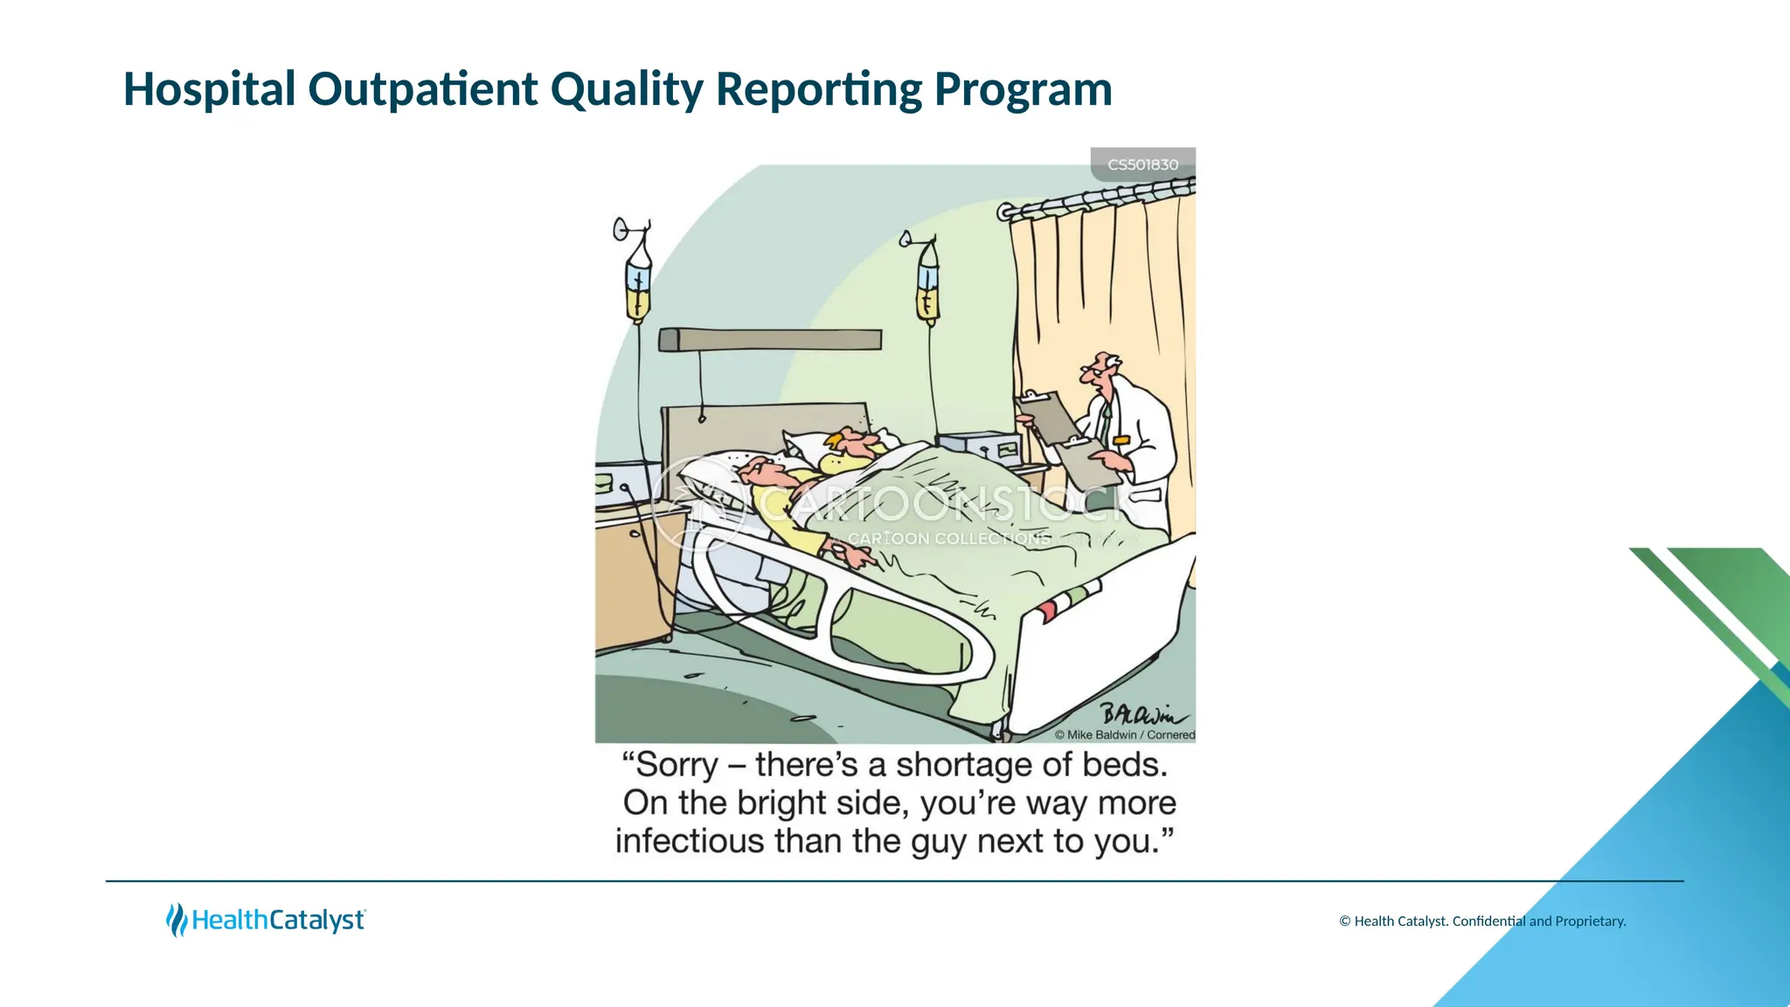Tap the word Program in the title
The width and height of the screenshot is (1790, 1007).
click(1023, 89)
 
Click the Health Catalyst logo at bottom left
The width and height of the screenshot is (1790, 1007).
click(266, 920)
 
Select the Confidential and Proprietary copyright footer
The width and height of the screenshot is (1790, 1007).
click(1482, 920)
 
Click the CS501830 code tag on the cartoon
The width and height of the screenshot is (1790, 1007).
click(1142, 164)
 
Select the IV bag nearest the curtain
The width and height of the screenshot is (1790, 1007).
click(927, 288)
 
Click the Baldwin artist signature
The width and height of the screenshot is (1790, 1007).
click(1141, 714)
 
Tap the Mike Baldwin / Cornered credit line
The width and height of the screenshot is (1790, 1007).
click(1124, 735)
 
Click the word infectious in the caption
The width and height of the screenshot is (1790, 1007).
click(690, 841)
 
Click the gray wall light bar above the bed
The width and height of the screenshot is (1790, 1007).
click(770, 339)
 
